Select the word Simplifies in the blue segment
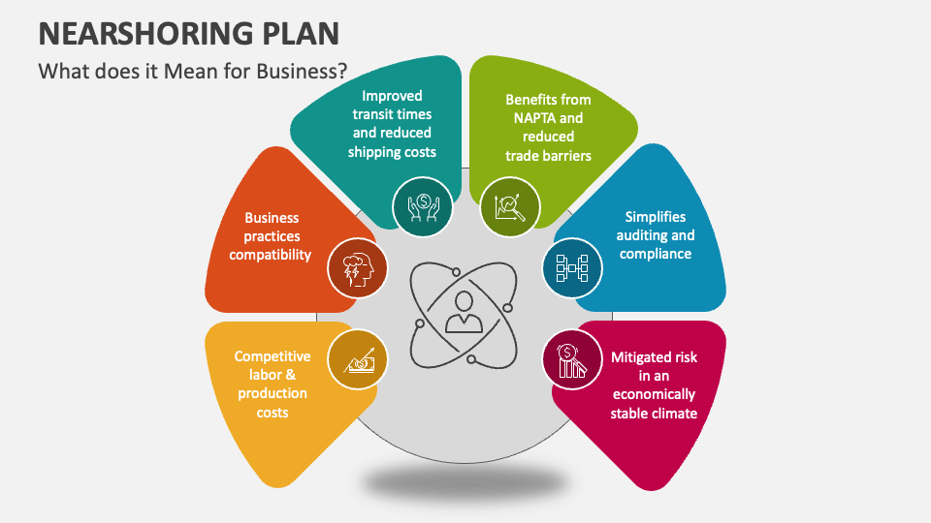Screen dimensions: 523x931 point(657,217)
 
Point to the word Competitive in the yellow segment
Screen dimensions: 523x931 point(273,357)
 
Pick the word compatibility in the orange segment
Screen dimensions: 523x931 point(271,255)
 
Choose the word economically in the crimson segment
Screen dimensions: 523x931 point(653,394)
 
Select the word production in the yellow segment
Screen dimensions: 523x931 point(273,394)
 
